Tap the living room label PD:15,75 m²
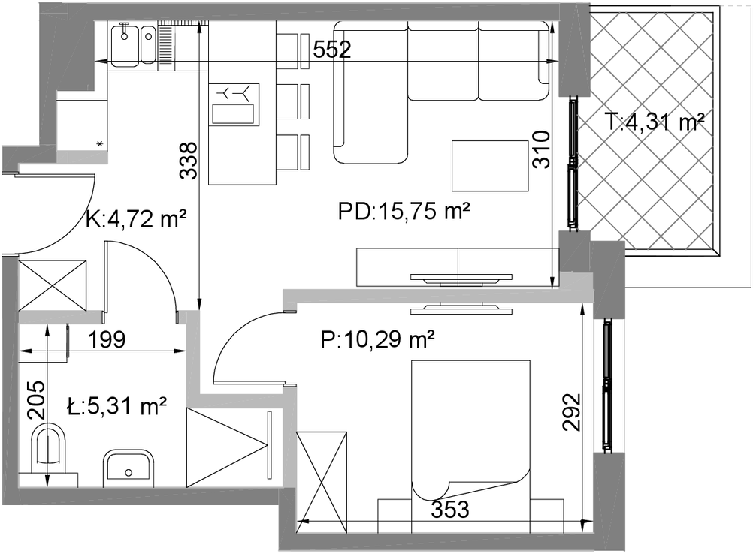click(404, 211)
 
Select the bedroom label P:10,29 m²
click(377, 340)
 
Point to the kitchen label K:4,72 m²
click(136, 219)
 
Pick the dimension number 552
click(332, 49)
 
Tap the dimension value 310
click(542, 149)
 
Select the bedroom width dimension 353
click(449, 510)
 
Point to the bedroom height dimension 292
click(571, 412)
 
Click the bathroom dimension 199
click(107, 339)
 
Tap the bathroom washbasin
click(129, 468)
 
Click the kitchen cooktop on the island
click(234, 104)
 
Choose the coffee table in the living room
click(490, 165)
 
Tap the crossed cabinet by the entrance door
click(53, 285)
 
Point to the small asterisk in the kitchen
click(100, 143)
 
